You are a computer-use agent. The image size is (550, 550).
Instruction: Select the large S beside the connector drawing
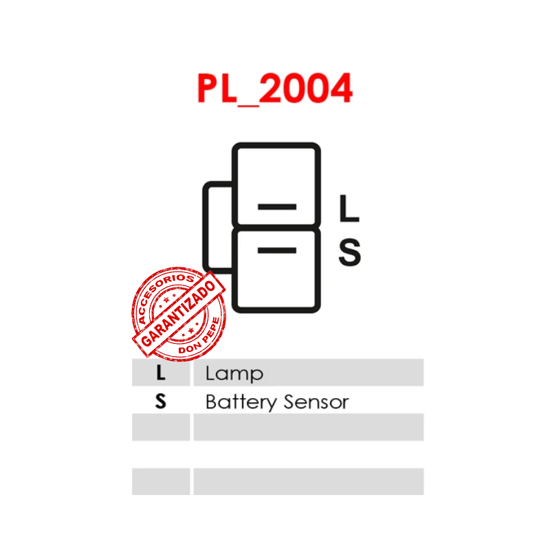(x=349, y=252)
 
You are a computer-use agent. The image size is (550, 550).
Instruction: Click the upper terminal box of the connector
(x=276, y=184)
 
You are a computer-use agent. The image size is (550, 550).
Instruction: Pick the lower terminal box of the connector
(x=276, y=270)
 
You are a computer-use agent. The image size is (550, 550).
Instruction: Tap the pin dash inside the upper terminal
(x=276, y=207)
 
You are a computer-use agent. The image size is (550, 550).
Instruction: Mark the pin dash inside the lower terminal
(x=276, y=250)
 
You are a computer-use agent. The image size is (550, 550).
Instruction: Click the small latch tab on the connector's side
(x=217, y=227)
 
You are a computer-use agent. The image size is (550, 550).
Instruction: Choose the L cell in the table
(x=161, y=373)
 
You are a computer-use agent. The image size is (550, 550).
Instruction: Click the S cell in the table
(x=161, y=401)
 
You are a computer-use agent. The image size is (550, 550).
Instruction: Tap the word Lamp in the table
(x=234, y=373)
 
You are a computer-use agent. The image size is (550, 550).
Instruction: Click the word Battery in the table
(x=238, y=401)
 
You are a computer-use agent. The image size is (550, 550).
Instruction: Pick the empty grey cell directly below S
(x=161, y=427)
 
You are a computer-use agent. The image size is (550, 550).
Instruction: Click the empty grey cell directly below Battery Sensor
(x=308, y=427)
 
